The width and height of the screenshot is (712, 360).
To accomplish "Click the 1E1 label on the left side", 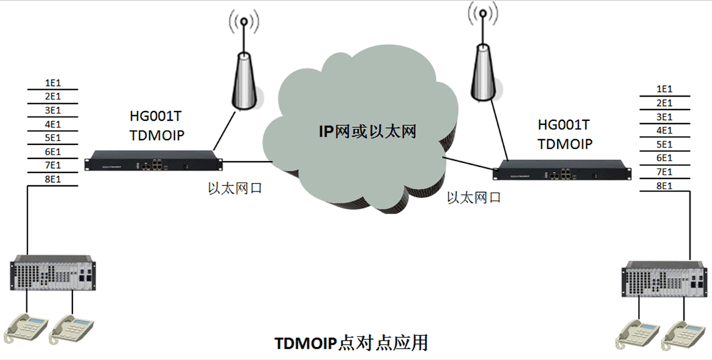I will coord(53,83).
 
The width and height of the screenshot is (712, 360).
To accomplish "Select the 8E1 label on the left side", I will coord(53,179).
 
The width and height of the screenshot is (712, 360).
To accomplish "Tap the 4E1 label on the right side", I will coord(664,130).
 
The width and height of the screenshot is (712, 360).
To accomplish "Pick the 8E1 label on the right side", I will coord(664,185).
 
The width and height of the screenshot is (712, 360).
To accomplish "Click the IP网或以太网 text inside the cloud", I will coord(367,131).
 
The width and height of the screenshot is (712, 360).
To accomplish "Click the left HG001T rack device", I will coord(154,161).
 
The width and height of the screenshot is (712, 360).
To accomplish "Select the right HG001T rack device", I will coord(561,172).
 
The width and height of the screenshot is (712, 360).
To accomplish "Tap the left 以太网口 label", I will coord(235,188).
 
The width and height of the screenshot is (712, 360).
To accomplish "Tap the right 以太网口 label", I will coord(473,197).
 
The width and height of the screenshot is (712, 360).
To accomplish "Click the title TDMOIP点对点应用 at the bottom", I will coord(351,343).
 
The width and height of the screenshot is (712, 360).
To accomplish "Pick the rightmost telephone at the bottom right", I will coord(682,335).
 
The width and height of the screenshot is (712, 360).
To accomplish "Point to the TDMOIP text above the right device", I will coord(565,143).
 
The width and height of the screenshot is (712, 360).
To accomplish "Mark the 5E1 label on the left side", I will coord(53,137).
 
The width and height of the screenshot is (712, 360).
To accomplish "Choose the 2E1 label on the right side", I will coord(664,103).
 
